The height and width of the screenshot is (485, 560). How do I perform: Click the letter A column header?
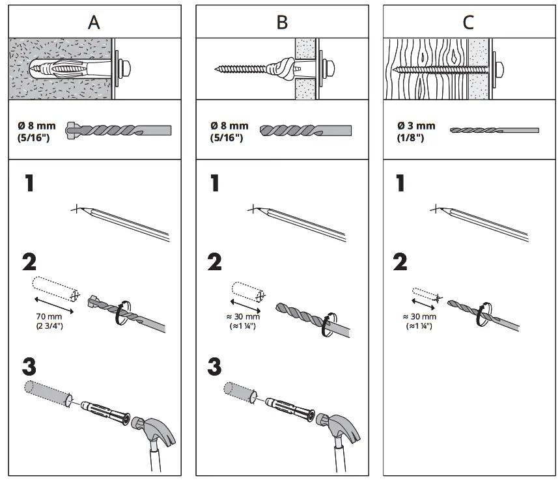click(x=94, y=22)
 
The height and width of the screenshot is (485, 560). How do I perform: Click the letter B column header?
click(x=282, y=22)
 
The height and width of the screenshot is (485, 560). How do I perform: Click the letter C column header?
click(x=468, y=22)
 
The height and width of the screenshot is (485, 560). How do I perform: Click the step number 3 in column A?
click(x=29, y=367)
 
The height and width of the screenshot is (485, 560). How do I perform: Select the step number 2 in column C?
click(x=400, y=262)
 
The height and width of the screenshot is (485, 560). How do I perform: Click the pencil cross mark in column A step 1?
click(x=77, y=209)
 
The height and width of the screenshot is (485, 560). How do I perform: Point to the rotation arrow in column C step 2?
click(x=483, y=315)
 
